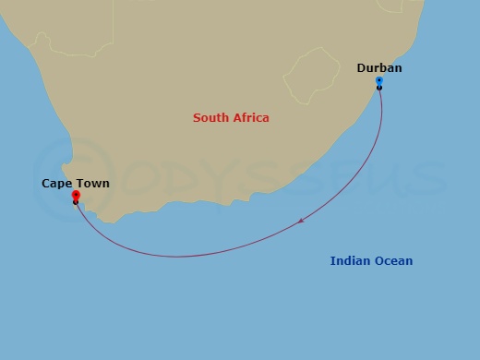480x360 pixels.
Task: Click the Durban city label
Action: [379, 67]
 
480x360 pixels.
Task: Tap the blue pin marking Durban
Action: [379, 81]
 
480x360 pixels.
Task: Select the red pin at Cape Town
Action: [76, 196]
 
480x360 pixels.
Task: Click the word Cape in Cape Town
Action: [57, 184]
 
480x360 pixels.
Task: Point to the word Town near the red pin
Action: [93, 184]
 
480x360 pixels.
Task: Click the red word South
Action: [210, 117]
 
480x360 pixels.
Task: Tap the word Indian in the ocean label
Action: [350, 261]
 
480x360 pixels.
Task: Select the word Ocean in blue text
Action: [393, 261]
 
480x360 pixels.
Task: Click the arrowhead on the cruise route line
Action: [302, 221]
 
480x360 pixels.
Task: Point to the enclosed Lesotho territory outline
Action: [308, 77]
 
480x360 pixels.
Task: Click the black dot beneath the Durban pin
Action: [379, 88]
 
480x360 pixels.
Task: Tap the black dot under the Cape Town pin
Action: [76, 202]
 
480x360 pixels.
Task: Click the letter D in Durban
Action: [362, 67]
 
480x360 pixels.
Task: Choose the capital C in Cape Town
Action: [46, 184]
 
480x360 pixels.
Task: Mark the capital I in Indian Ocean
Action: [333, 261]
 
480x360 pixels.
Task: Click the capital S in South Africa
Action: [197, 117]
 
